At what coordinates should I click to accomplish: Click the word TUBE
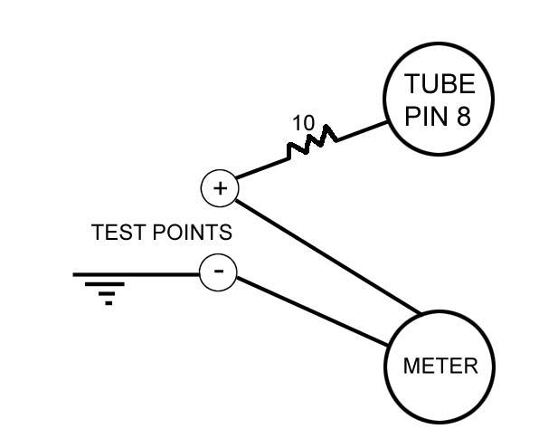click(439, 84)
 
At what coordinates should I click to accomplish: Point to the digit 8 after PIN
click(462, 117)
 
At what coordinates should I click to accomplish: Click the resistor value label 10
click(303, 123)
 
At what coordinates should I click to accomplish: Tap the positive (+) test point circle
click(219, 188)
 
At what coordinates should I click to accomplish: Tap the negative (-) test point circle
click(218, 271)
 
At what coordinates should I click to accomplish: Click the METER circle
click(440, 367)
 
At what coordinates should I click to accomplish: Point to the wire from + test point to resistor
click(262, 168)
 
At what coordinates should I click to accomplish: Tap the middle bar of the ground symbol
click(108, 289)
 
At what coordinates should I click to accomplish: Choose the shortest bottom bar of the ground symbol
click(109, 302)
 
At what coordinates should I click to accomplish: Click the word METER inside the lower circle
click(440, 367)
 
